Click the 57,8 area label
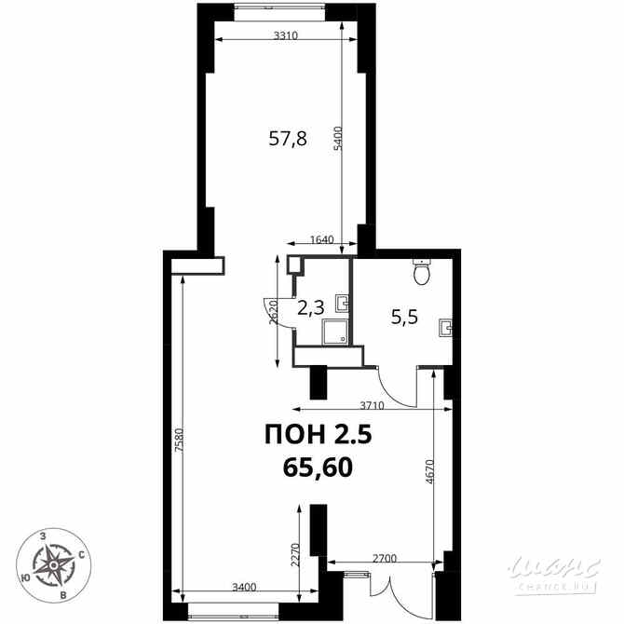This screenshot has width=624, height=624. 288,140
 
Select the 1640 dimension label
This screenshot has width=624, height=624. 321,240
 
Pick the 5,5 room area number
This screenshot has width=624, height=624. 403,316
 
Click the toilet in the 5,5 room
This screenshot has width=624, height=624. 422,273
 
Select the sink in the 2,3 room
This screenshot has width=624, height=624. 343,302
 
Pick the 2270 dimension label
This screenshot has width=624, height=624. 294,556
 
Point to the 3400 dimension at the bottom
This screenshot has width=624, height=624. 243,587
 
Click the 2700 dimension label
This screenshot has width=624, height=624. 385,559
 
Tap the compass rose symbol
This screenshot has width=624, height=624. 54,563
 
